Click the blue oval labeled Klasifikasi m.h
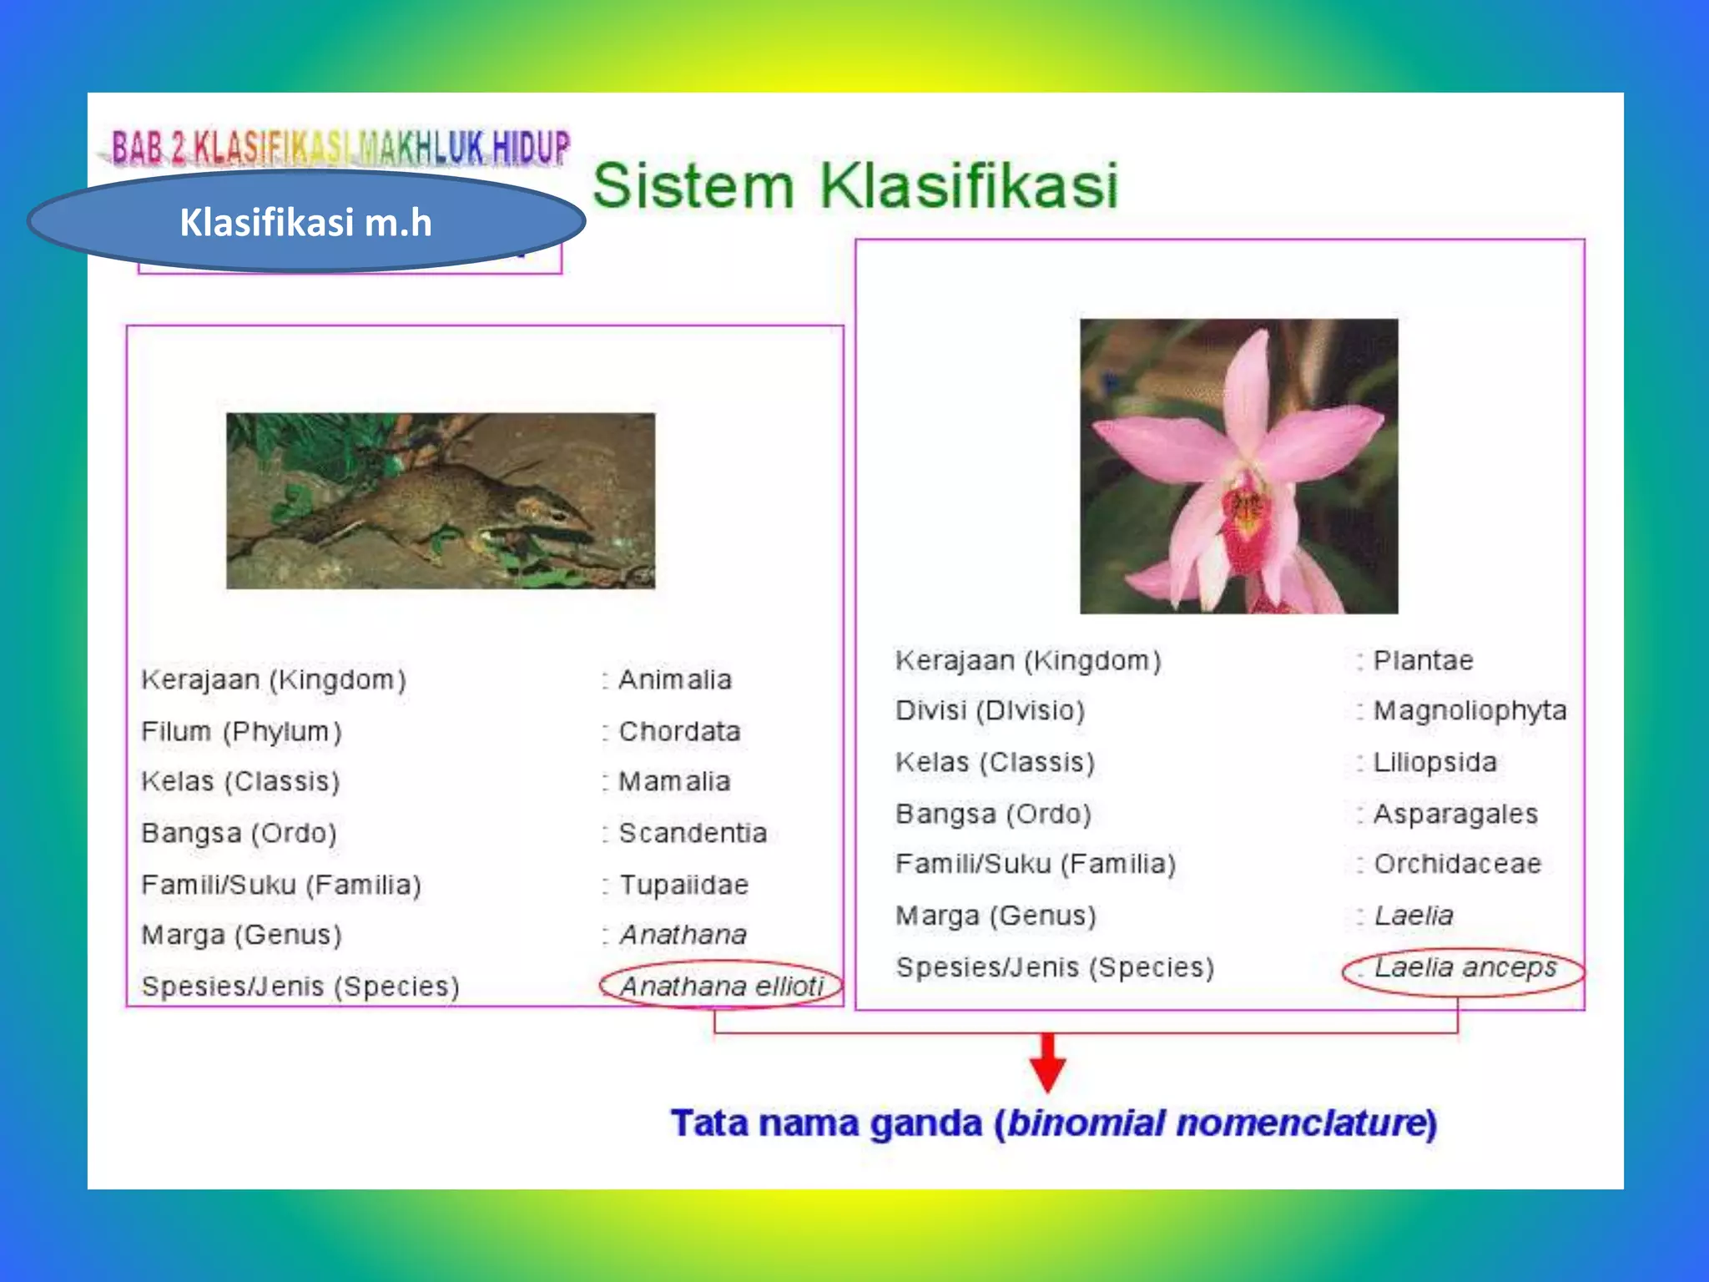coord(306,222)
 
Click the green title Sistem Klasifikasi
coord(854,185)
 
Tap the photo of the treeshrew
coord(441,501)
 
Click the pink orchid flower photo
coord(1238,466)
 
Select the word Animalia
coord(674,680)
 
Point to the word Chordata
coord(679,732)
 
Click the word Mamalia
coord(674,782)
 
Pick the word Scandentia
coord(693,833)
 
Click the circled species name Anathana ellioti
coord(722,987)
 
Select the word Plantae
coord(1424,661)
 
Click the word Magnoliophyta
coord(1470,711)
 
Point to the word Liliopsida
coord(1435,763)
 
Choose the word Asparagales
coord(1455,814)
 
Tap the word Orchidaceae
coord(1457,864)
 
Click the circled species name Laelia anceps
coord(1464,968)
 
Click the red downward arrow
coord(1047,1063)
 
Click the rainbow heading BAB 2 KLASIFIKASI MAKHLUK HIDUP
coord(340,149)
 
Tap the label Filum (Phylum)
coord(241,732)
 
